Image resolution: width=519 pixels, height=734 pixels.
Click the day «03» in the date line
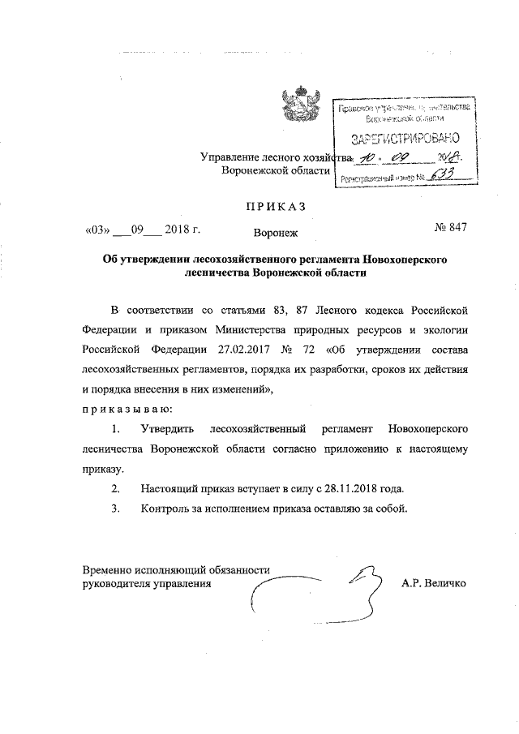click(x=97, y=229)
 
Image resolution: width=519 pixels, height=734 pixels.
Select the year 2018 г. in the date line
click(x=182, y=229)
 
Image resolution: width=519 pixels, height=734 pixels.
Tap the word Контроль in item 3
click(x=166, y=509)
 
